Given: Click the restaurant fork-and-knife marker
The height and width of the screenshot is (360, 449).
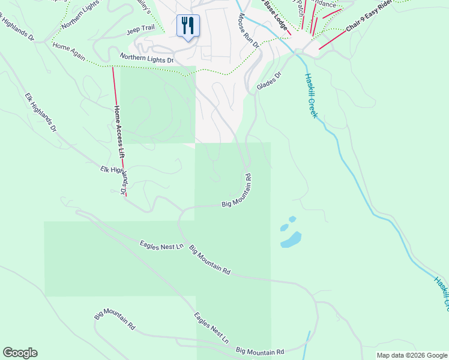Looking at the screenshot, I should click(188, 26).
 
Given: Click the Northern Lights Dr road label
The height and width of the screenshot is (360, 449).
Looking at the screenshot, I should click(146, 58).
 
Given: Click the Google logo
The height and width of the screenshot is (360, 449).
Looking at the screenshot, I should click(20, 353).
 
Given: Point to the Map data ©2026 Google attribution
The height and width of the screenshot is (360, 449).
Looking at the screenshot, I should click(411, 355).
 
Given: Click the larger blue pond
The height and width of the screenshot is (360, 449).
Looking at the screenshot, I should click(291, 240).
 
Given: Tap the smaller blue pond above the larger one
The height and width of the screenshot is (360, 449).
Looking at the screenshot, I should click(292, 220).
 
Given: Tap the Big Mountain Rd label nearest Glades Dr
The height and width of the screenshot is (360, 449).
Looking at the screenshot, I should click(237, 191).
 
